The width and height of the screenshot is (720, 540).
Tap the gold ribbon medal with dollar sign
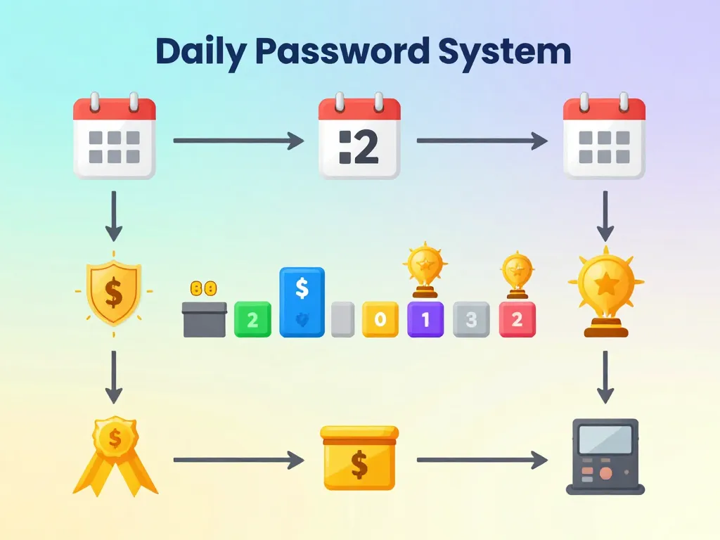pos(115,454)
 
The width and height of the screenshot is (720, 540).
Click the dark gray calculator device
pos(605,456)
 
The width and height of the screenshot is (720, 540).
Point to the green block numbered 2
pos(252,320)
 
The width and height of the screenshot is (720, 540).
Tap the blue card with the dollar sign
pos(302,302)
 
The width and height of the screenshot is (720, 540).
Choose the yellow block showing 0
pos(380,320)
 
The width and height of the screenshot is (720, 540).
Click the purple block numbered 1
pos(425,320)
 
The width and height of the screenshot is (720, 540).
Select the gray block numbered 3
pos(471,320)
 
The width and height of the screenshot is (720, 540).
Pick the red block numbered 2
pos(517,320)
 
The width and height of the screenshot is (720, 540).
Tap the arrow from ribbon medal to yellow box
pos(238,460)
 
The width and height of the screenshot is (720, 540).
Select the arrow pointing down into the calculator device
pos(605,376)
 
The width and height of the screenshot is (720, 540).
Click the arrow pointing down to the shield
pos(114,217)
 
